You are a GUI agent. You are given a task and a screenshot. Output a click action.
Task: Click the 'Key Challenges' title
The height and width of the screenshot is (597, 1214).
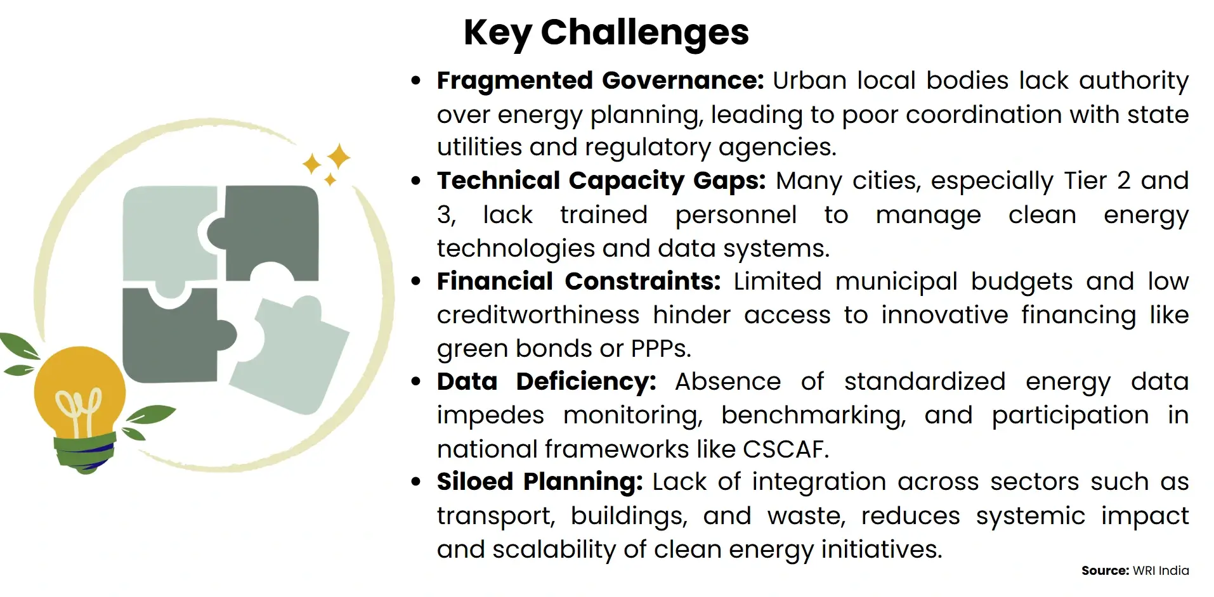606,32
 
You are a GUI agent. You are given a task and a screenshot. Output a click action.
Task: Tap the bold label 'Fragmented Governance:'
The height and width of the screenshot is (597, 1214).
600,80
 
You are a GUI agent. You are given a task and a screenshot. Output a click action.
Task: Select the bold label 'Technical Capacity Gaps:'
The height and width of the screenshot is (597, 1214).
601,181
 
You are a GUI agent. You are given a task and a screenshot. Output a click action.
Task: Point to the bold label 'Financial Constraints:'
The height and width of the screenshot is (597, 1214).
578,281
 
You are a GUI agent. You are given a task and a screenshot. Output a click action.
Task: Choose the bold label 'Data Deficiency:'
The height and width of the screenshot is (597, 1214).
546,382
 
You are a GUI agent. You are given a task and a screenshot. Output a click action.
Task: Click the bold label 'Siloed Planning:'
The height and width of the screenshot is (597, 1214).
539,482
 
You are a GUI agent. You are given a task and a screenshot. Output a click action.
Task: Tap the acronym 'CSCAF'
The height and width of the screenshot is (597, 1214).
783,449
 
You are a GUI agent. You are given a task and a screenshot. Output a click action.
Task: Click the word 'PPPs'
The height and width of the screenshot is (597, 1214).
659,349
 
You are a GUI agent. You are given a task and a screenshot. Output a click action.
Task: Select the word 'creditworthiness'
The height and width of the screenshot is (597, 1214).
538,315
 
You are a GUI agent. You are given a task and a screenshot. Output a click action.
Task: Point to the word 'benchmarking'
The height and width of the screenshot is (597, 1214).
813,415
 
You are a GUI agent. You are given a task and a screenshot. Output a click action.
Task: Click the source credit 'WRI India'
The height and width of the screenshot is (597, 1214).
1160,570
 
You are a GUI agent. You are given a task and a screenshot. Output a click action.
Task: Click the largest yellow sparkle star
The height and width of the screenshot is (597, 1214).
339,156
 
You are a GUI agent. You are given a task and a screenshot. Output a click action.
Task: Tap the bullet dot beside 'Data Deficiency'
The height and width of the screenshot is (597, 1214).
416,382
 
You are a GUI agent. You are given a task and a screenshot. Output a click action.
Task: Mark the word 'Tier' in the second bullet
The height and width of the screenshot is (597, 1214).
1086,181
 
